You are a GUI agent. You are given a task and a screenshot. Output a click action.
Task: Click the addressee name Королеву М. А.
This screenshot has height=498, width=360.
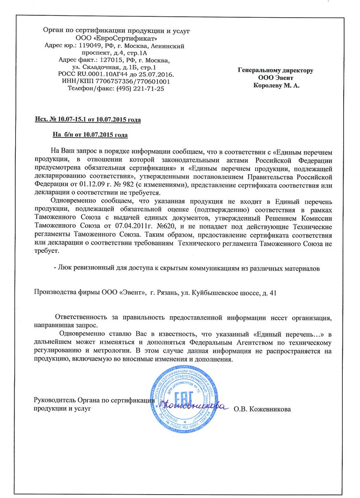point(276,85)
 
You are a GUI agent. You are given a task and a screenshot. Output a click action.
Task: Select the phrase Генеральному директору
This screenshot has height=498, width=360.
point(276,70)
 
